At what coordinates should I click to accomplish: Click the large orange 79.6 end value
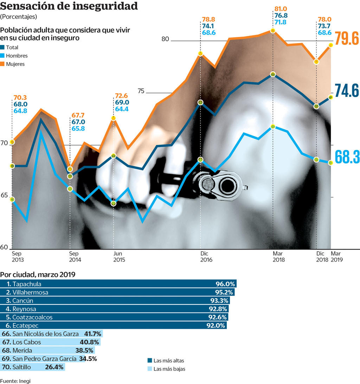346,38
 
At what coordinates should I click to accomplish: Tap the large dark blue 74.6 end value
346,90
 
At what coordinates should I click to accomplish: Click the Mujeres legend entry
15,64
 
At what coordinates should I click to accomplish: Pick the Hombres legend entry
17,56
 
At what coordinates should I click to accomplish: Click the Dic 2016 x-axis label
206,257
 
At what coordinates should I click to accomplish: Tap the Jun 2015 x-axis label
119,257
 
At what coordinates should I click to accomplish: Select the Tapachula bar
118,284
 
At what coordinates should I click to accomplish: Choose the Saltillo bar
33,367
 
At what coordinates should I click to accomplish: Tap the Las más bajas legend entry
169,369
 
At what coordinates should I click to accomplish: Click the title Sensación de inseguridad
69,6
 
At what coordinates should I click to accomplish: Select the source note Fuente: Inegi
13,380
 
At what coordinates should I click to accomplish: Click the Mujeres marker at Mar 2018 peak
273,31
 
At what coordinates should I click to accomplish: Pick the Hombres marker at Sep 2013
12,199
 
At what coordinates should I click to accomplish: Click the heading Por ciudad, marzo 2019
38,275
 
